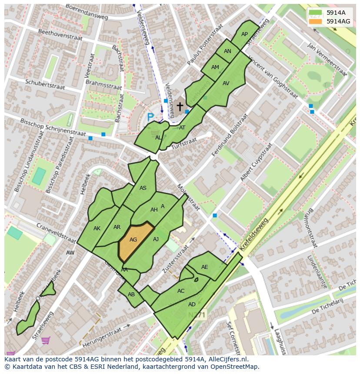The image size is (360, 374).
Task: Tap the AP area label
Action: (244, 34)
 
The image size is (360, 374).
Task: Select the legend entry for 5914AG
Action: (338, 21)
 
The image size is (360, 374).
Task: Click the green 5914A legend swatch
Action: (316, 13)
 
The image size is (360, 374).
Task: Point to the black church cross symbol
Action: (180, 106)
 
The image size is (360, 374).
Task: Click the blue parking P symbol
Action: (150, 117)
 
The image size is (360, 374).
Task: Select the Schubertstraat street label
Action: (45, 84)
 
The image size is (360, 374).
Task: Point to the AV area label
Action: (226, 83)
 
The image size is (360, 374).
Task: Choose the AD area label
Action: (192, 304)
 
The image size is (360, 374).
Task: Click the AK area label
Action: (97, 228)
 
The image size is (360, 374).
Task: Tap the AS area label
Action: (143, 188)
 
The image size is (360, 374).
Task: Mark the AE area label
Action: (205, 267)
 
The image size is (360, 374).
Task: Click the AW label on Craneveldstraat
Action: (70, 252)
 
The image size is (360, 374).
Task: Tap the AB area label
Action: (131, 294)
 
